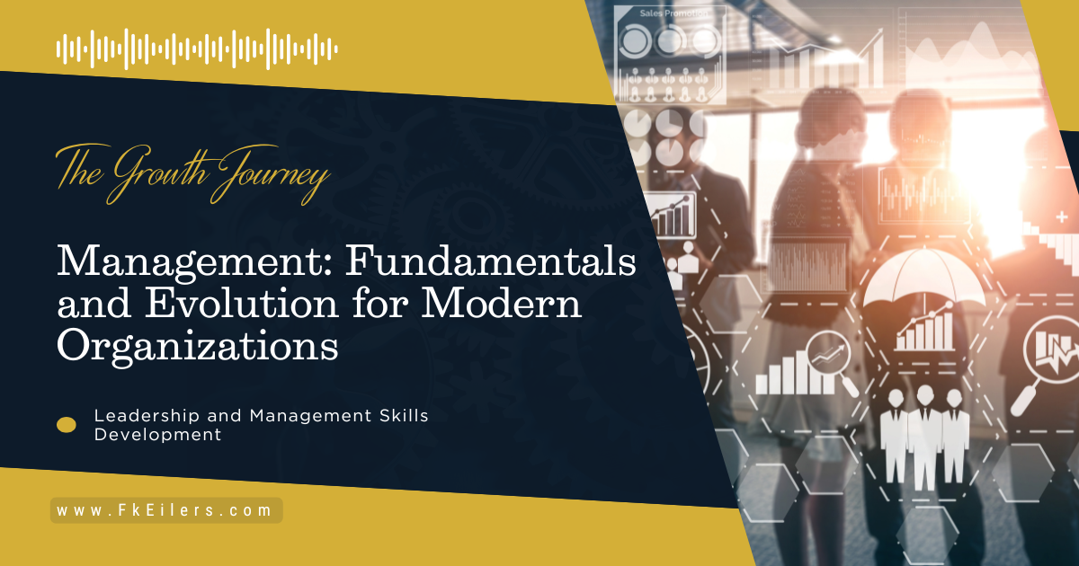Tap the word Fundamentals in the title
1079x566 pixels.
click(x=491, y=260)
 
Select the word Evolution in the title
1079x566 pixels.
click(x=242, y=303)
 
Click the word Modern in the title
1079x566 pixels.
click(x=502, y=303)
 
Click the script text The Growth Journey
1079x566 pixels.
click(x=193, y=174)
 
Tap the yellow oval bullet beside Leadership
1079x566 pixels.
click(x=67, y=425)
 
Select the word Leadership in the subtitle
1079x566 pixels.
click(x=147, y=415)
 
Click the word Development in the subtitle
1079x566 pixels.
click(x=157, y=435)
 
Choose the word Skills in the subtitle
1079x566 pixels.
click(x=404, y=415)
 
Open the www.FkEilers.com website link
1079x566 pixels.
click(x=166, y=510)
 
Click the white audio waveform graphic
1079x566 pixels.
click(x=197, y=49)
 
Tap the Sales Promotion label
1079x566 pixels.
click(x=673, y=13)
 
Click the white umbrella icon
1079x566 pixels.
click(x=924, y=279)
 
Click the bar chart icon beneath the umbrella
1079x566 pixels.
click(x=925, y=327)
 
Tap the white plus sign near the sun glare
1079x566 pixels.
click(x=1062, y=217)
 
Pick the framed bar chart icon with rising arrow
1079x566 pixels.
click(x=671, y=215)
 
